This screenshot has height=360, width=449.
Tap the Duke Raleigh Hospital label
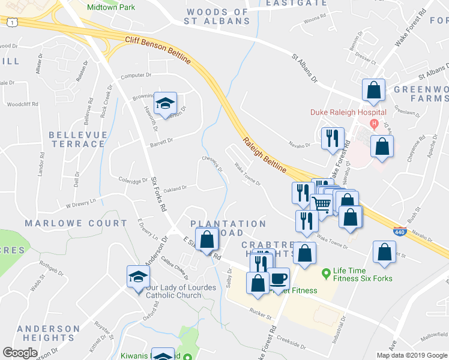pos(348,112)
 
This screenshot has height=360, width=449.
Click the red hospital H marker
pos(374,124)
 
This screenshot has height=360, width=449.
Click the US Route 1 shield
pos(11,22)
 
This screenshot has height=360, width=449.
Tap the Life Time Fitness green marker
pos(327,274)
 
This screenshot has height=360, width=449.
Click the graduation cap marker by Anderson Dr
pos(138,277)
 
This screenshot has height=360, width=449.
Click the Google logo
pos(20,353)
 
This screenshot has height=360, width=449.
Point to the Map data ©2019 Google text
pos(411,355)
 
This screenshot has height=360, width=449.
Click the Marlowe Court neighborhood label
pos(76,223)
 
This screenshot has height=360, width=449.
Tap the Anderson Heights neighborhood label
pos(48,333)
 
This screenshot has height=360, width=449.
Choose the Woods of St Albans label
pos(217,16)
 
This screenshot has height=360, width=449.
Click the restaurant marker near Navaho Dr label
pos(331,139)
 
